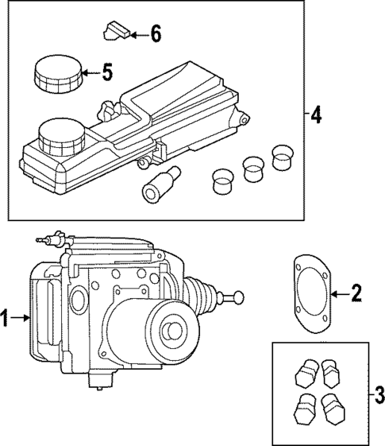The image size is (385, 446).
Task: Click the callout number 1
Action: click(6, 320)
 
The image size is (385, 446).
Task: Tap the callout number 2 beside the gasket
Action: click(356, 294)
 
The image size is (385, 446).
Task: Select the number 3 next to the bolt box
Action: click(379, 393)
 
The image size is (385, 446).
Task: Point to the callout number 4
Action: click(315, 116)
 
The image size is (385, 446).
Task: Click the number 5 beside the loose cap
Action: click(106, 72)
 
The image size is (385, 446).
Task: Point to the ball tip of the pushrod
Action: click(235, 297)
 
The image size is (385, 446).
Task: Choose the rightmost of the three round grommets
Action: click(282, 157)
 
